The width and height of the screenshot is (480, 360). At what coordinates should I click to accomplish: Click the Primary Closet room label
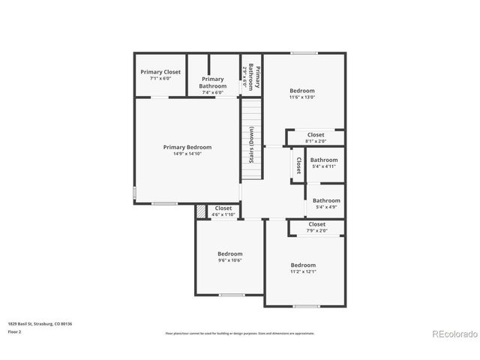coord(160,72)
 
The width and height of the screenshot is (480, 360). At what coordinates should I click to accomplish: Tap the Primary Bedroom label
coord(187,148)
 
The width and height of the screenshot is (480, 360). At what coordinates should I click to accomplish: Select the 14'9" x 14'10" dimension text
coord(187,154)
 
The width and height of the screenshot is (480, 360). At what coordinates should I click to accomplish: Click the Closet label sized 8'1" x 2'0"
coord(316,135)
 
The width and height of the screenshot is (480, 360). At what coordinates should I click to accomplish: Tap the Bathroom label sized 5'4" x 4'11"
coord(324,160)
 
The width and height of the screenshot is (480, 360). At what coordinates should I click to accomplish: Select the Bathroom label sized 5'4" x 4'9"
coord(326,200)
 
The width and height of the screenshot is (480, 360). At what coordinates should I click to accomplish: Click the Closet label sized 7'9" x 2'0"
coord(316,224)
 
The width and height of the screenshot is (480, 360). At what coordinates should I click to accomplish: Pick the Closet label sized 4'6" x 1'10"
coord(223,208)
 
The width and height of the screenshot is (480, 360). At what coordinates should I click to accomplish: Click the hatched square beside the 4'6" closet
coord(200,212)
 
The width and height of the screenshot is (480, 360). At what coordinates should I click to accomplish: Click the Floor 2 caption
coord(15,331)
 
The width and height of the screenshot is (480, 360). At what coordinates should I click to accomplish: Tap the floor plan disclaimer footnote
coord(239,333)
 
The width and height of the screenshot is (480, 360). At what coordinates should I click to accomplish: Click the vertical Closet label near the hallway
coord(298,165)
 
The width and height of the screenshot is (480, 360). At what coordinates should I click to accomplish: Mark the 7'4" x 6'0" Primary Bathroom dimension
coord(212,92)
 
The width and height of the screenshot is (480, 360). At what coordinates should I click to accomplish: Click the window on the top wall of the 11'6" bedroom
coord(302,52)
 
